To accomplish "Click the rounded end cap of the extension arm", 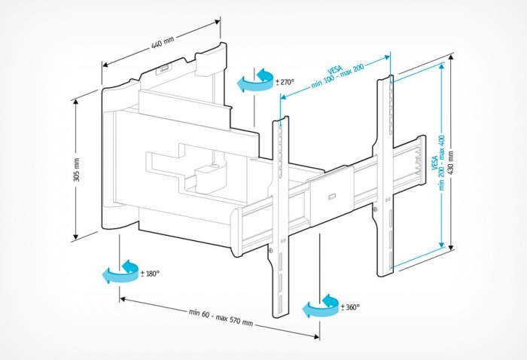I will click(x=238, y=229).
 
